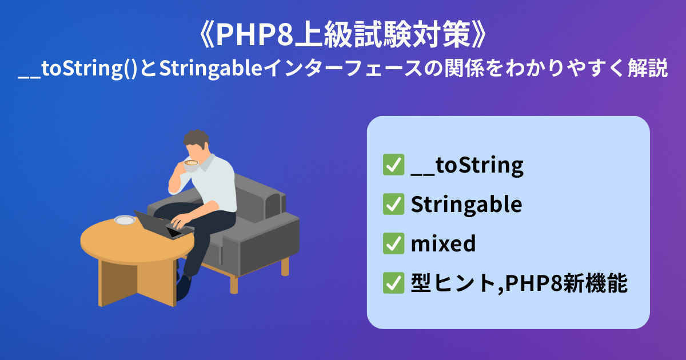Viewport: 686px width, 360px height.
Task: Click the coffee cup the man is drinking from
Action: (x=190, y=165)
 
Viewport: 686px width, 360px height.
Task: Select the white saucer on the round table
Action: (x=125, y=220)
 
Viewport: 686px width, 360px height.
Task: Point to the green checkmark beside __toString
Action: (x=393, y=165)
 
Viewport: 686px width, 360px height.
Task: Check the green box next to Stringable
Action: (x=393, y=204)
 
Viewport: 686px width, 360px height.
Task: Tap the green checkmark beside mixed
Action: (x=393, y=243)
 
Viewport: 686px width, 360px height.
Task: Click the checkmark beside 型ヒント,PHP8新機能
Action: (x=393, y=283)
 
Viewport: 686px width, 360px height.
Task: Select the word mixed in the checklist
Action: (x=443, y=243)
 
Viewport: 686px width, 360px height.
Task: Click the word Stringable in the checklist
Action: (x=466, y=205)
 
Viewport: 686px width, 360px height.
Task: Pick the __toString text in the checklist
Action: (x=467, y=166)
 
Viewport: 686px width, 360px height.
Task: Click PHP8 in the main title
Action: (x=255, y=35)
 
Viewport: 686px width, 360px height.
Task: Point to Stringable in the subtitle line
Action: (x=211, y=69)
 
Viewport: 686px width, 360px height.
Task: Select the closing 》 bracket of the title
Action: (x=478, y=35)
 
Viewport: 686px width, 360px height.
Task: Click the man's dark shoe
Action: (x=183, y=288)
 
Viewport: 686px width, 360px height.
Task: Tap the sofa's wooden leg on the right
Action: (x=285, y=266)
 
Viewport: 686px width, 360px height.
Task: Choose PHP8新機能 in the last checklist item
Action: (x=567, y=283)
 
